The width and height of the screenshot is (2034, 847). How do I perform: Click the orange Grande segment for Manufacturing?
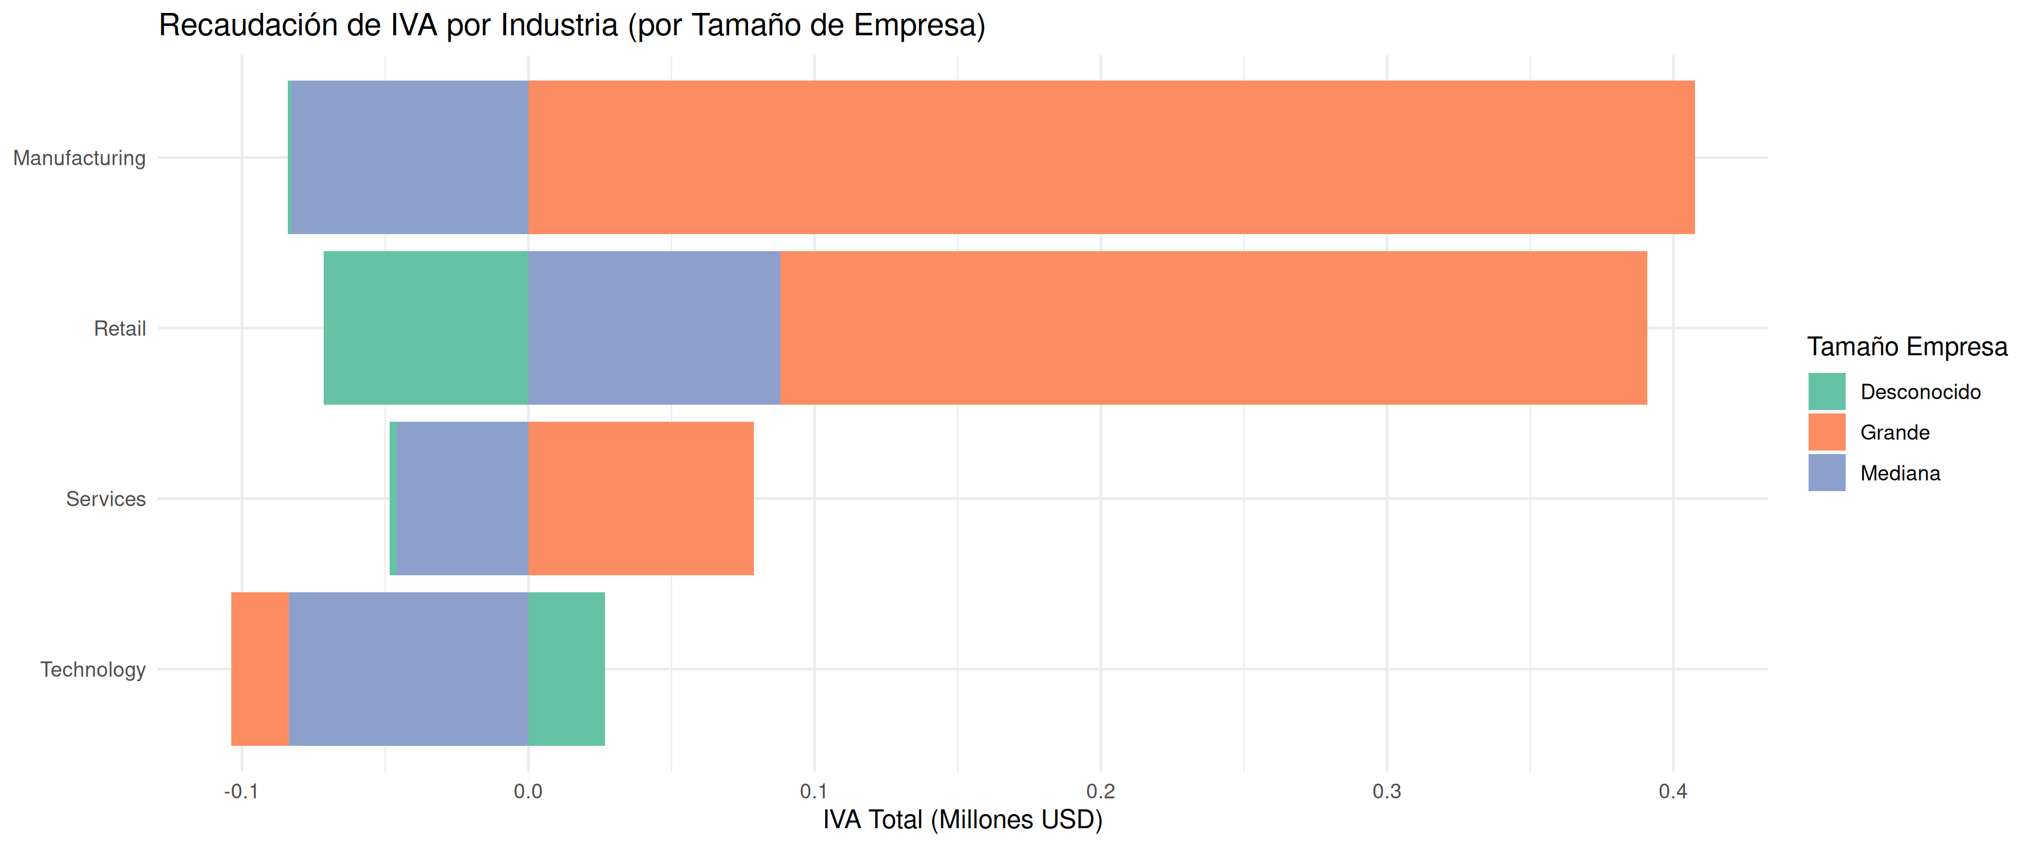[x=1111, y=157]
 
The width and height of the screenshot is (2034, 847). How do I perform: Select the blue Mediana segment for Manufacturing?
[x=410, y=157]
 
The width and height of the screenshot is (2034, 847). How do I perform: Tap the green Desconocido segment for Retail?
[x=426, y=328]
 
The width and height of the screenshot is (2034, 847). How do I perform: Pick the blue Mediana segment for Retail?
[x=654, y=328]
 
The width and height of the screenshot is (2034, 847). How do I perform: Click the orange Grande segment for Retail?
[x=1213, y=328]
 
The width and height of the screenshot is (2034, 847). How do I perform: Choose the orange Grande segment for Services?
[x=640, y=498]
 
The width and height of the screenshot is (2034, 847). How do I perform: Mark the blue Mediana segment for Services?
[x=462, y=498]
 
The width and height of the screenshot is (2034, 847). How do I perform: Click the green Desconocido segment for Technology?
[x=566, y=669]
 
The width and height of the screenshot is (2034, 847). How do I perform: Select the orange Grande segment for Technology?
[x=260, y=669]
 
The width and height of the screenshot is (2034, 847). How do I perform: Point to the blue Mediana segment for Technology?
[x=408, y=669]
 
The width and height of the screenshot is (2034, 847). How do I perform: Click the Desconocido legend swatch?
[x=1826, y=392]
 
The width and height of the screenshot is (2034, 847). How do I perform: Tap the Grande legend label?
[x=1895, y=432]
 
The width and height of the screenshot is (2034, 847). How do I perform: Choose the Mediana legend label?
[x=1900, y=473]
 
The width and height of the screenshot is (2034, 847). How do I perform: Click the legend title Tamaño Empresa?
[x=1907, y=346]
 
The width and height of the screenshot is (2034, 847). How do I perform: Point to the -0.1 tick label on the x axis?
[x=241, y=792]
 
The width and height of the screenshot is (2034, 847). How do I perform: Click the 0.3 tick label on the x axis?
[x=1387, y=792]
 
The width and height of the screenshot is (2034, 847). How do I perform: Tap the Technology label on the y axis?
[x=93, y=669]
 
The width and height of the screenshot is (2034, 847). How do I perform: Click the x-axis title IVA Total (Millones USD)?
[x=962, y=820]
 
